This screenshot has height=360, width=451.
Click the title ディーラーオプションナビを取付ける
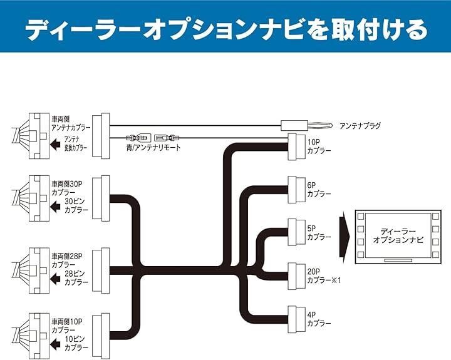click(225, 28)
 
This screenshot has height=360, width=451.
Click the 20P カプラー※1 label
click(323, 276)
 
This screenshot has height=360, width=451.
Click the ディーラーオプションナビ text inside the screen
click(398, 235)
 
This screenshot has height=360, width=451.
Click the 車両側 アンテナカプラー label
click(70, 122)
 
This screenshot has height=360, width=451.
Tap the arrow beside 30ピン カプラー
click(55, 206)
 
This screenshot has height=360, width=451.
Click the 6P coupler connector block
click(295, 189)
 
